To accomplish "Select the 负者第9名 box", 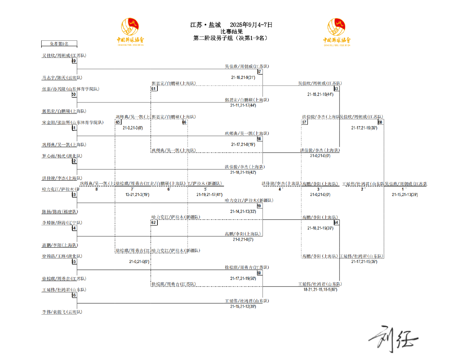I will click(59, 44).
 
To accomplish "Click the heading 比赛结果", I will click(231, 32).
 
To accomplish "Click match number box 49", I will click(74, 61).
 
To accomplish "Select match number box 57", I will click(259, 72).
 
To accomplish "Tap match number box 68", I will click(380, 122).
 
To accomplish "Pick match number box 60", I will click(259, 273).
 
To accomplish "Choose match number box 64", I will click(336, 223).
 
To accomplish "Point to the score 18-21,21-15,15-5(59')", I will click(320, 289).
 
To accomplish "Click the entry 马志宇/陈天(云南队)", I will click(62, 78).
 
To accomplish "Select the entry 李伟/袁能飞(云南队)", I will click(62, 312).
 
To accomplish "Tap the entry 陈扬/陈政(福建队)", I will click(60, 212).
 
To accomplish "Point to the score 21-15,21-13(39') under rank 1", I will click(405, 195).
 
